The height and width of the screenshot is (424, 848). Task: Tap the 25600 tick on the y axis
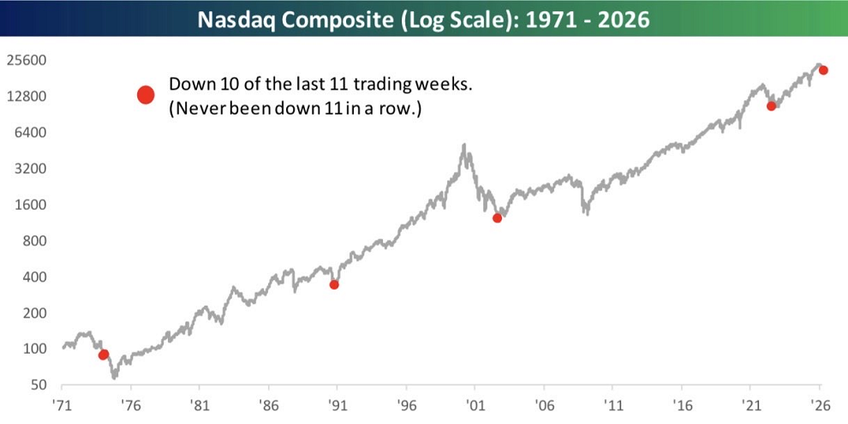coord(27,61)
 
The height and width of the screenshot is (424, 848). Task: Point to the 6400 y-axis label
coord(31,133)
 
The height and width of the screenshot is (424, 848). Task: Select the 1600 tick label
coord(31,206)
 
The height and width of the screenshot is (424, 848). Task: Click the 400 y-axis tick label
coord(34,278)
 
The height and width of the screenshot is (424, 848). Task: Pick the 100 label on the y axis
coord(34,349)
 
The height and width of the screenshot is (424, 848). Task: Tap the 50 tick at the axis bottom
coord(38,385)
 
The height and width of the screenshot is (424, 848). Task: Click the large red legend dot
coord(146,95)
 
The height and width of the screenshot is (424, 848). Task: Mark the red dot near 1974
coord(104,355)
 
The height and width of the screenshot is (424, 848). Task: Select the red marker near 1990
coord(334,284)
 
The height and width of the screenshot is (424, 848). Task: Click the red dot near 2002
coord(497,218)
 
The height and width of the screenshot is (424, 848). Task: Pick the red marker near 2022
coord(771,106)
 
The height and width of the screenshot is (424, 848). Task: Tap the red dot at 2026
coord(823,70)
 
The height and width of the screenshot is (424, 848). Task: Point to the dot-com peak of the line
coord(464,146)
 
